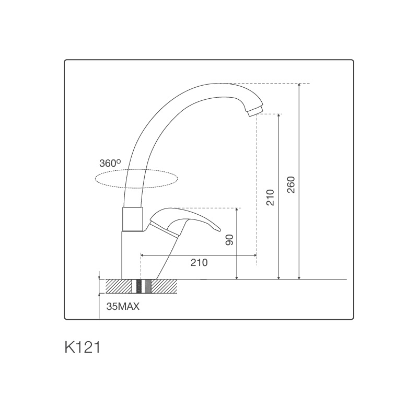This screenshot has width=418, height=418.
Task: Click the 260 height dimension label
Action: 292,184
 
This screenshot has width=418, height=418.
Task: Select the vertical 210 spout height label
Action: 270,196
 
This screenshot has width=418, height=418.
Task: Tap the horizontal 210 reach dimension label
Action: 199,263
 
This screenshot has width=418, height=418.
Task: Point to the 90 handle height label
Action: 229,240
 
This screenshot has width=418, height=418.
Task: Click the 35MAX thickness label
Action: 123,307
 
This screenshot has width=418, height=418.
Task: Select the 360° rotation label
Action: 110,164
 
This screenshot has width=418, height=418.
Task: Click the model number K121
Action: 82,347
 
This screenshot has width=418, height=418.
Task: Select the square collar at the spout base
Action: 132,218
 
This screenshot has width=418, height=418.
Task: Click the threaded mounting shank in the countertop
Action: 139,286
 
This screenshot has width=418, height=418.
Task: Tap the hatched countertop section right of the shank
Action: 164,286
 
